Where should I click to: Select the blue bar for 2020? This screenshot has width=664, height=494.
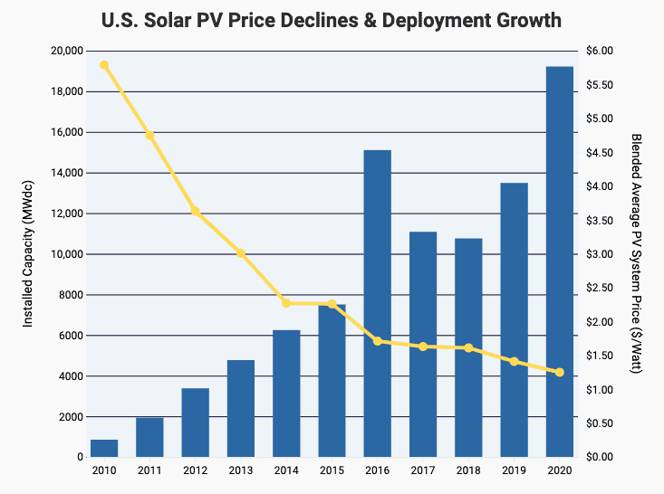pos(560,262)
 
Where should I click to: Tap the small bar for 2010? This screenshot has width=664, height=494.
pos(104,448)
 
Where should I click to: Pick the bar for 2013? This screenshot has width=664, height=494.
pos(241,408)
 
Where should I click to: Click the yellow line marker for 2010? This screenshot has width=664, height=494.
pos(104,65)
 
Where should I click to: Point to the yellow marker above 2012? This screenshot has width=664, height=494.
pos(195,211)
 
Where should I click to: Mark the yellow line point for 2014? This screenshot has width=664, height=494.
pos(286,303)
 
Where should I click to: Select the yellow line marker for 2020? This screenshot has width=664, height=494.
pos(560,373)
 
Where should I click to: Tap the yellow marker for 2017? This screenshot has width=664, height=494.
pos(423,347)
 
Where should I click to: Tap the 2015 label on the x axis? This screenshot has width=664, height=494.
pos(332,471)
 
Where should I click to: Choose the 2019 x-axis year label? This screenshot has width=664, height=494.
pos(514,471)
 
